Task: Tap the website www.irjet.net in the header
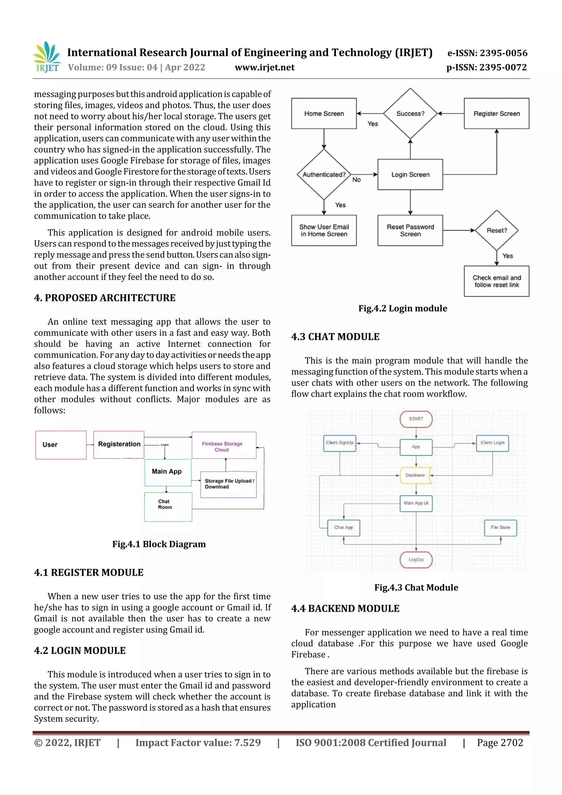(265, 68)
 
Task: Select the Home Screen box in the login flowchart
(324, 114)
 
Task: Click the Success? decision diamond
(410, 114)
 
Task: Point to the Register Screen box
(496, 114)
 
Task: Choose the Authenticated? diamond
(324, 175)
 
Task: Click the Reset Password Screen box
(410, 230)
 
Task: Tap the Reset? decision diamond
(497, 230)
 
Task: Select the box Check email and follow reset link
(497, 281)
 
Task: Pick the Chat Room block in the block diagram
(168, 507)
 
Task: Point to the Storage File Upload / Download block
(229, 484)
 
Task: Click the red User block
(61, 445)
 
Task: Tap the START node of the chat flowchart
(416, 419)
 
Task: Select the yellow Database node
(415, 475)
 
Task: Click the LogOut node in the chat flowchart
(416, 560)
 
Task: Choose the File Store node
(500, 528)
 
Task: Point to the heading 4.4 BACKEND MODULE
(345, 608)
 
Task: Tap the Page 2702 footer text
(500, 743)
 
